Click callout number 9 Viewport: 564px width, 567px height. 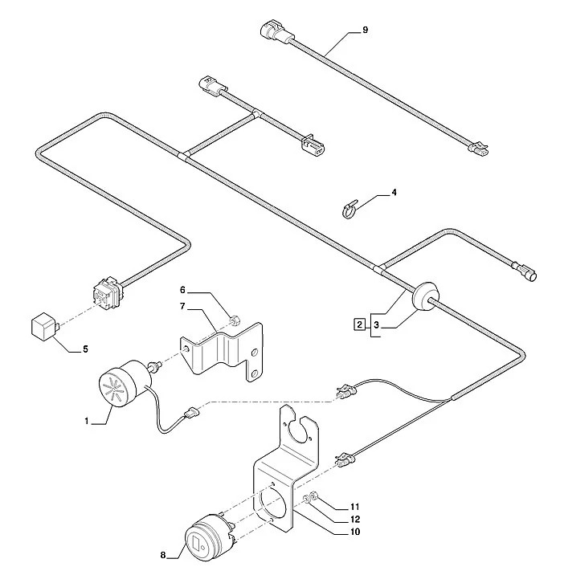(x=365, y=30)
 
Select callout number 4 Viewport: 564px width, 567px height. (x=394, y=193)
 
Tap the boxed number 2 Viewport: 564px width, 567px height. (x=358, y=324)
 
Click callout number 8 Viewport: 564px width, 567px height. (x=164, y=554)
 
